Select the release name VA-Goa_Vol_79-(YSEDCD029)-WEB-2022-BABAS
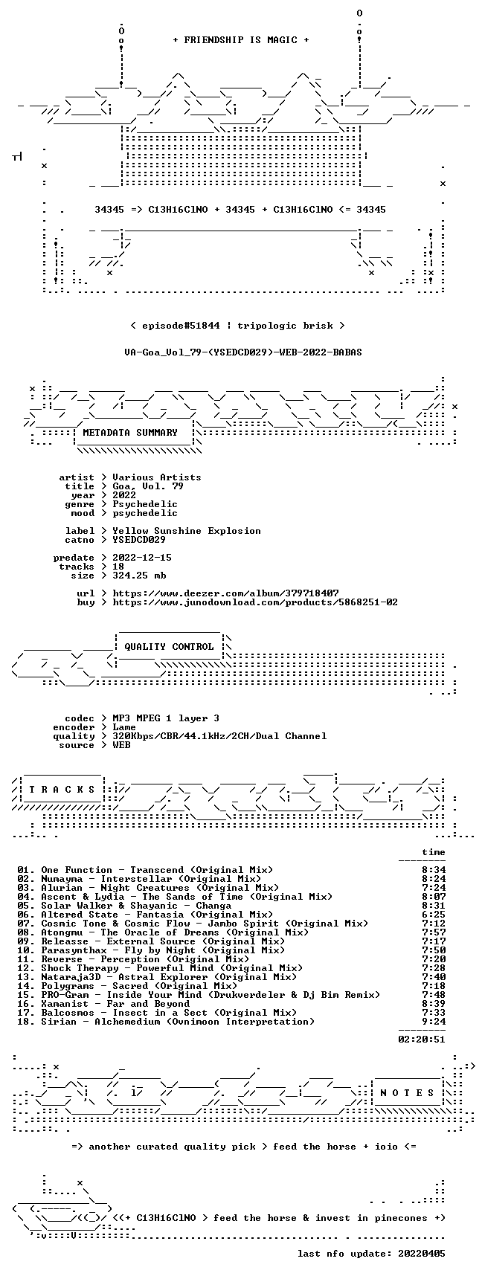coord(243,352)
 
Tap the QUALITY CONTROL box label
coord(169,647)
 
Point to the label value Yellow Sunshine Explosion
coord(187,531)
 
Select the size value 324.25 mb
coord(139,576)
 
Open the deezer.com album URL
coord(225,593)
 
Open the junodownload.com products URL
coord(255,602)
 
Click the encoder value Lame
coord(124,727)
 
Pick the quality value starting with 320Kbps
coord(219,736)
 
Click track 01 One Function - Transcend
coord(145,870)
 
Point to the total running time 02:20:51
coord(422,1040)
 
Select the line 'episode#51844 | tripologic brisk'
coord(237,326)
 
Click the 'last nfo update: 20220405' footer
coord(371,1254)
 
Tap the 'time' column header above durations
coord(434,852)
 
